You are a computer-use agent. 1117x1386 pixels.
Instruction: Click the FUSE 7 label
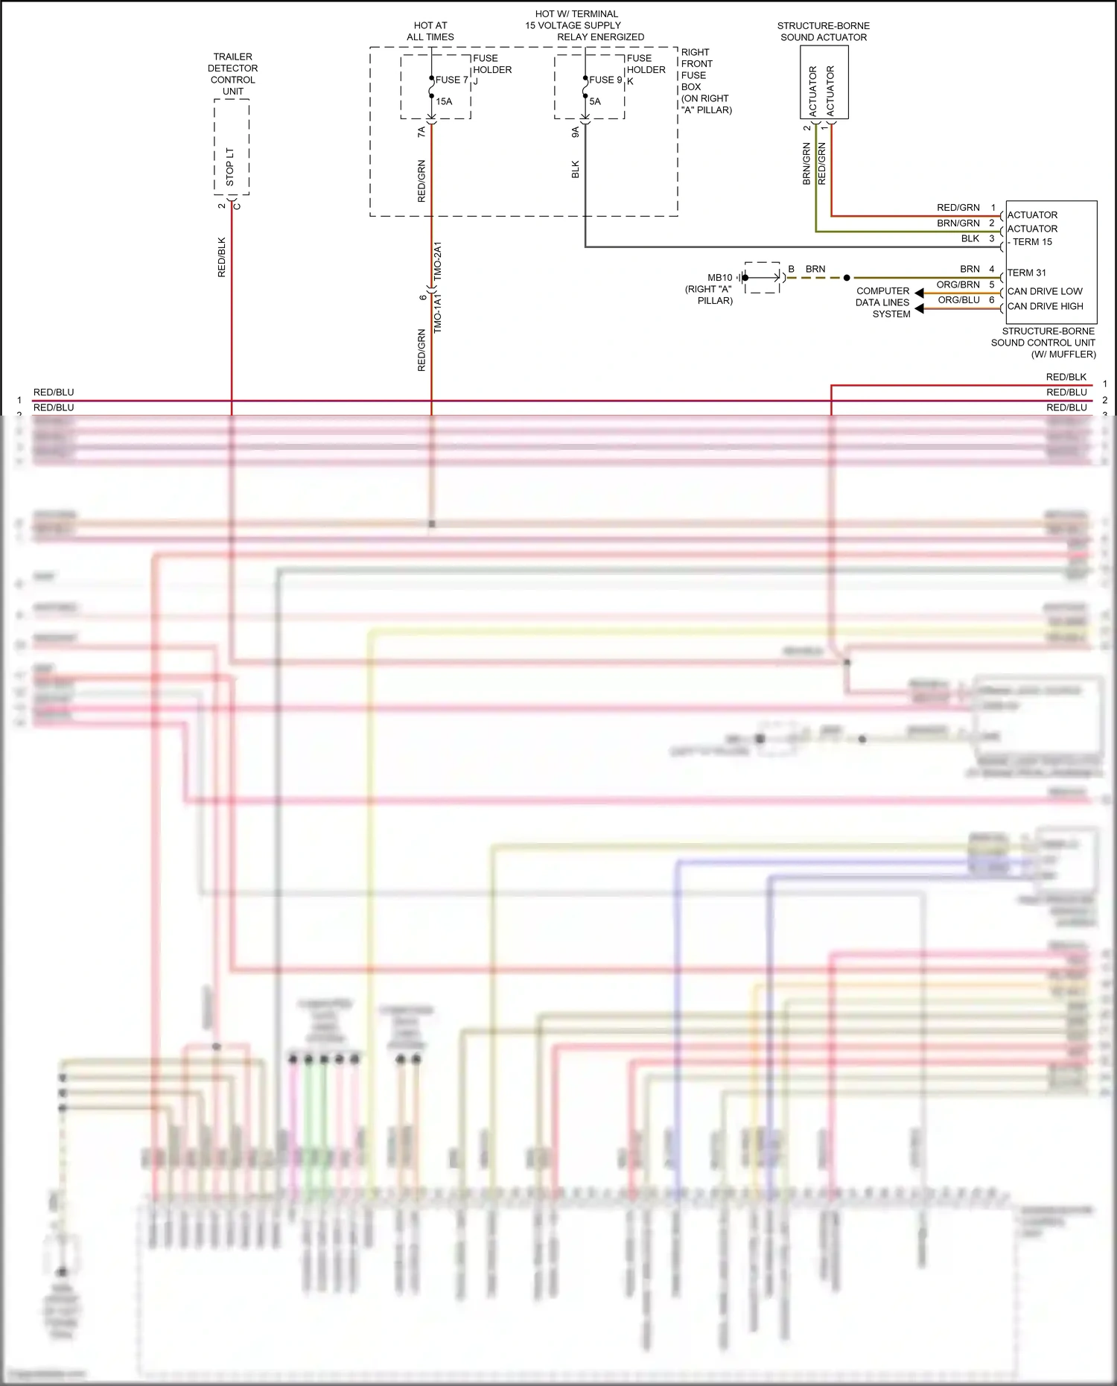[451, 80]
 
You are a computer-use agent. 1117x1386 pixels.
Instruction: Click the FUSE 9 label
[605, 80]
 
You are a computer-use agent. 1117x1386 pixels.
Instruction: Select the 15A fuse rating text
[444, 101]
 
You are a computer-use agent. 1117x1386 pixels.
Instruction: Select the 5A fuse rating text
[594, 101]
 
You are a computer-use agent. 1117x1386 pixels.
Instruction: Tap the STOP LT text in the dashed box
[230, 166]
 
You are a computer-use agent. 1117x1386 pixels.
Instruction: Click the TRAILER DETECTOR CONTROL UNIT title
[232, 74]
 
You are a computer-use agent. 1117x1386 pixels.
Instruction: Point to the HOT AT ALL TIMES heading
[430, 31]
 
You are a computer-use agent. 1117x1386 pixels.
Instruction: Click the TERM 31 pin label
[1026, 273]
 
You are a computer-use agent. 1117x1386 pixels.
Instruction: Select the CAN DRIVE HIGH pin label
[1045, 306]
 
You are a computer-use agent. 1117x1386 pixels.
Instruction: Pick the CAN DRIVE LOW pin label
[1044, 291]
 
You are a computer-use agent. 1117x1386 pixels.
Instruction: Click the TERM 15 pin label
[1031, 242]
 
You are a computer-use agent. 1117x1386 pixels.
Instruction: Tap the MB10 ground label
[719, 278]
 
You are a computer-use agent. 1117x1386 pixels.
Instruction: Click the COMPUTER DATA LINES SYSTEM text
[882, 302]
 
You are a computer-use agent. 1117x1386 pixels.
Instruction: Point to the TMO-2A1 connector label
[438, 260]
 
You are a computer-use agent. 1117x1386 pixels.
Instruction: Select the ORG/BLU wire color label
[958, 300]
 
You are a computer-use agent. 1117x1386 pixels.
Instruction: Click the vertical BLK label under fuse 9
[575, 170]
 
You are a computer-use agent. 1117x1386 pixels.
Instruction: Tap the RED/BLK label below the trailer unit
[221, 257]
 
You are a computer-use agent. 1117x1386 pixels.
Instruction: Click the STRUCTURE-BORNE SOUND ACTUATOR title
[823, 31]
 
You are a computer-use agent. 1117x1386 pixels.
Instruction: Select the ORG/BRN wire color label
[958, 284]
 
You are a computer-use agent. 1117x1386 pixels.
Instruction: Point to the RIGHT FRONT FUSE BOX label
[705, 80]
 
